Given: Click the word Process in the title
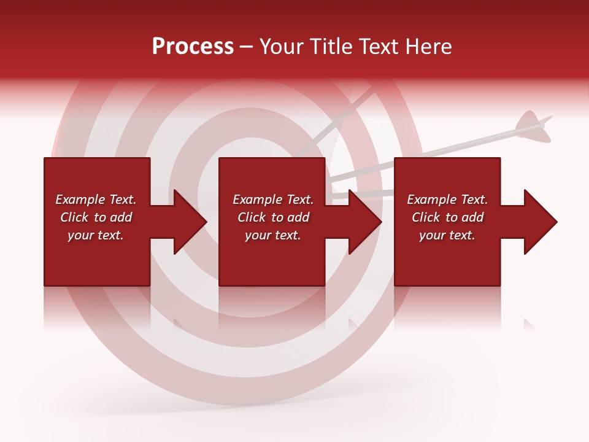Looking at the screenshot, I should pos(193,47).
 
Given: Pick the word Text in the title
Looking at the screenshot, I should pos(379,47).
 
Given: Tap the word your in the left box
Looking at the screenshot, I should pos(80,235).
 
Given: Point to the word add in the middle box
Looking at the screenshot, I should pos(298,217).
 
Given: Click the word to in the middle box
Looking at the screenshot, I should pos(277,217).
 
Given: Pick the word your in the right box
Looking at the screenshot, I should pos(431,235).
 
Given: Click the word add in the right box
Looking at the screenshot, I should pos(472,217).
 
